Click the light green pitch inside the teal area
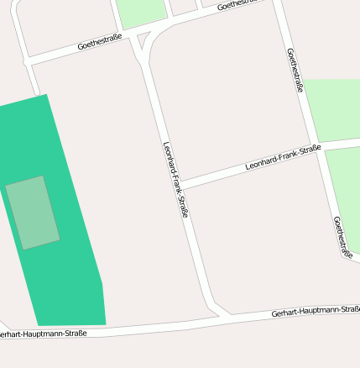(x=33, y=213)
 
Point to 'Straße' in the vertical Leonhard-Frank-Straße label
(x=182, y=207)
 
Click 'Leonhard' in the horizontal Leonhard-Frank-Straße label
(x=261, y=162)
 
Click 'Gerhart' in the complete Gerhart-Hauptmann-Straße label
(x=285, y=313)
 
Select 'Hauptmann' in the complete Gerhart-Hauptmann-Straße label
(x=317, y=311)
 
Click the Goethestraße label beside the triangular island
(x=100, y=42)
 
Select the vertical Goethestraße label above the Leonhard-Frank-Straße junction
(x=295, y=69)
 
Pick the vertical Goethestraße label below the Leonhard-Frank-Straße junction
(x=342, y=238)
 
